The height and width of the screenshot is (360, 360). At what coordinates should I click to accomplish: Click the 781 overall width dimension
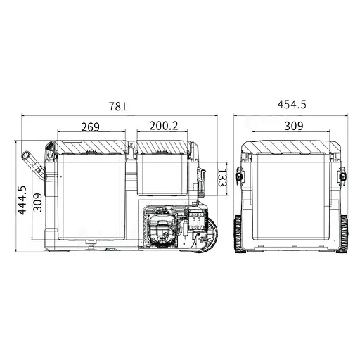[118, 107]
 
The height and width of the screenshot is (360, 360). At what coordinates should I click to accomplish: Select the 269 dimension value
[90, 127]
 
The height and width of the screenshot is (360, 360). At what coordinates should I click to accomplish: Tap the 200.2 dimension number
[163, 127]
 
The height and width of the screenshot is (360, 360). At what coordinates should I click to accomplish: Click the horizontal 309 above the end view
[294, 127]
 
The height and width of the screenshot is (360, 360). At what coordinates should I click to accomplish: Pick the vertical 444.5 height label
[22, 200]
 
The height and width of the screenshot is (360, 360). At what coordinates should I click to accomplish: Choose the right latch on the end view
[345, 177]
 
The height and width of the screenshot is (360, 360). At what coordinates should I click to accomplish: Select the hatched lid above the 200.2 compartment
[163, 146]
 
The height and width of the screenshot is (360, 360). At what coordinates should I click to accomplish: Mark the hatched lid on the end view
[294, 146]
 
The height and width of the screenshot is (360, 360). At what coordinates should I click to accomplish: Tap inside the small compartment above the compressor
[163, 176]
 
